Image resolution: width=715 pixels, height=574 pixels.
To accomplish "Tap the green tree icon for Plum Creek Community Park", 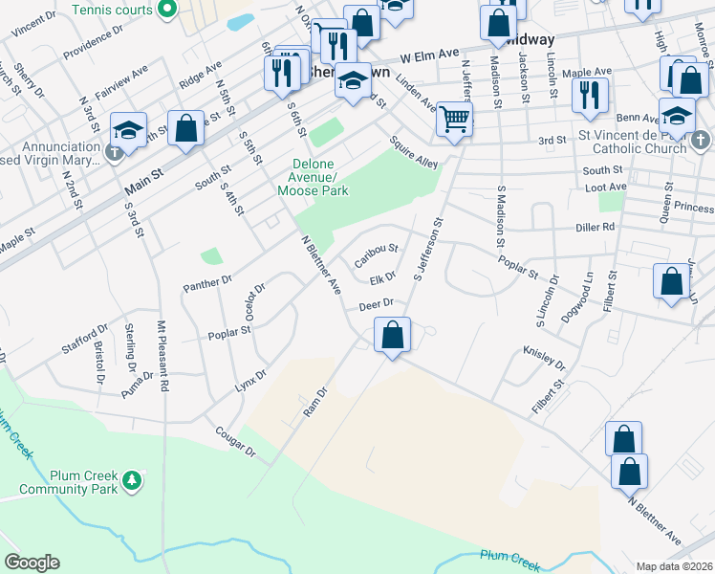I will click(x=135, y=478).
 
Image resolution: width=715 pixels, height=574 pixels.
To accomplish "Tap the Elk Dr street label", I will click(x=382, y=279).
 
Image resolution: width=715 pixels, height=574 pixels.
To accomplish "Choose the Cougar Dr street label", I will click(x=235, y=441).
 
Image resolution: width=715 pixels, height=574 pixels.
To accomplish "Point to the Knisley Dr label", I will click(x=545, y=359).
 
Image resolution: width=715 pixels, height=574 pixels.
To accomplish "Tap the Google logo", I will click(x=32, y=563).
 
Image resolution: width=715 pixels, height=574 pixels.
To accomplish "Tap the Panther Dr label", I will click(x=207, y=282).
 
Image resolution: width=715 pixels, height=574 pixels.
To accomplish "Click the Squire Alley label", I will click(x=414, y=151).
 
